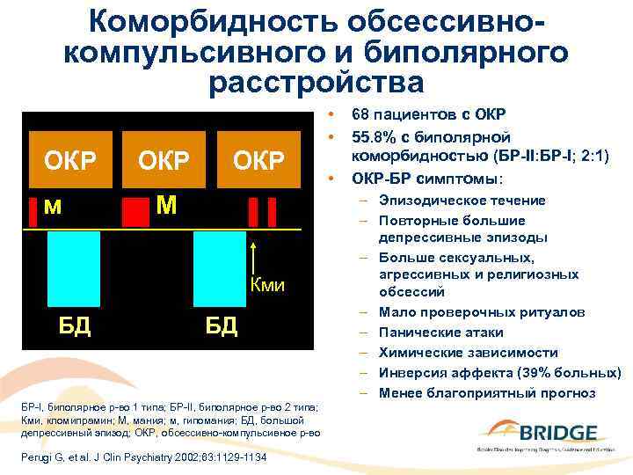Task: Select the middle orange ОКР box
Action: tap(163, 161)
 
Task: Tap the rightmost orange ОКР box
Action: tap(258, 161)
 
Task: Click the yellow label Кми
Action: tap(268, 285)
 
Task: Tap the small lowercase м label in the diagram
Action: tap(52, 207)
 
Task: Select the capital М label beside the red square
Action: tap(167, 206)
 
